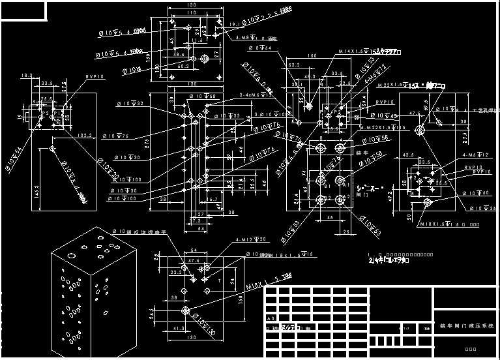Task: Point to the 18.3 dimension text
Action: coord(27,76)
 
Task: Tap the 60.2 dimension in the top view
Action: coord(183,66)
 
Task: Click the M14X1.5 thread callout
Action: coord(351,52)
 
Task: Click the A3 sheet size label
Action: coord(271,318)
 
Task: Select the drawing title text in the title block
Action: coord(466,325)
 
